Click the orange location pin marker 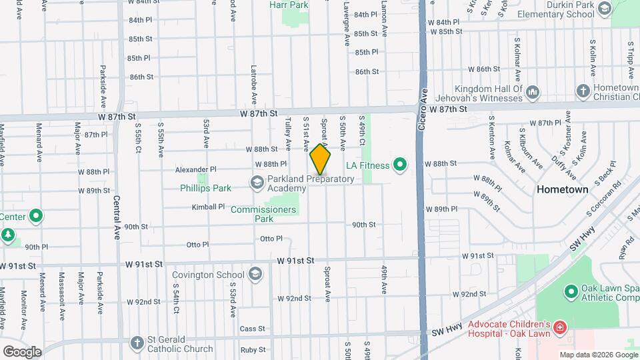click(321, 160)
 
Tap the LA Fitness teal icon click(400, 164)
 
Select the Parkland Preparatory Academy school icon click(257, 182)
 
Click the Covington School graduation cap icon click(255, 274)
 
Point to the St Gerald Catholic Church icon click(137, 343)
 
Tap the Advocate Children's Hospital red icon click(559, 327)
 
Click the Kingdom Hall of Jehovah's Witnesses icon click(532, 91)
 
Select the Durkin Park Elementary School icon click(605, 9)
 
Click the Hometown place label click(563, 189)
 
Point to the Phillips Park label click(205, 188)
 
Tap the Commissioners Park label click(263, 214)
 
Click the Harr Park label click(289, 5)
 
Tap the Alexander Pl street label click(196, 169)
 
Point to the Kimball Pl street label click(208, 207)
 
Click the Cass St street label click(253, 329)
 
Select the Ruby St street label click(253, 349)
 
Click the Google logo click(22, 351)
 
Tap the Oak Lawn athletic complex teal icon click(570, 291)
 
